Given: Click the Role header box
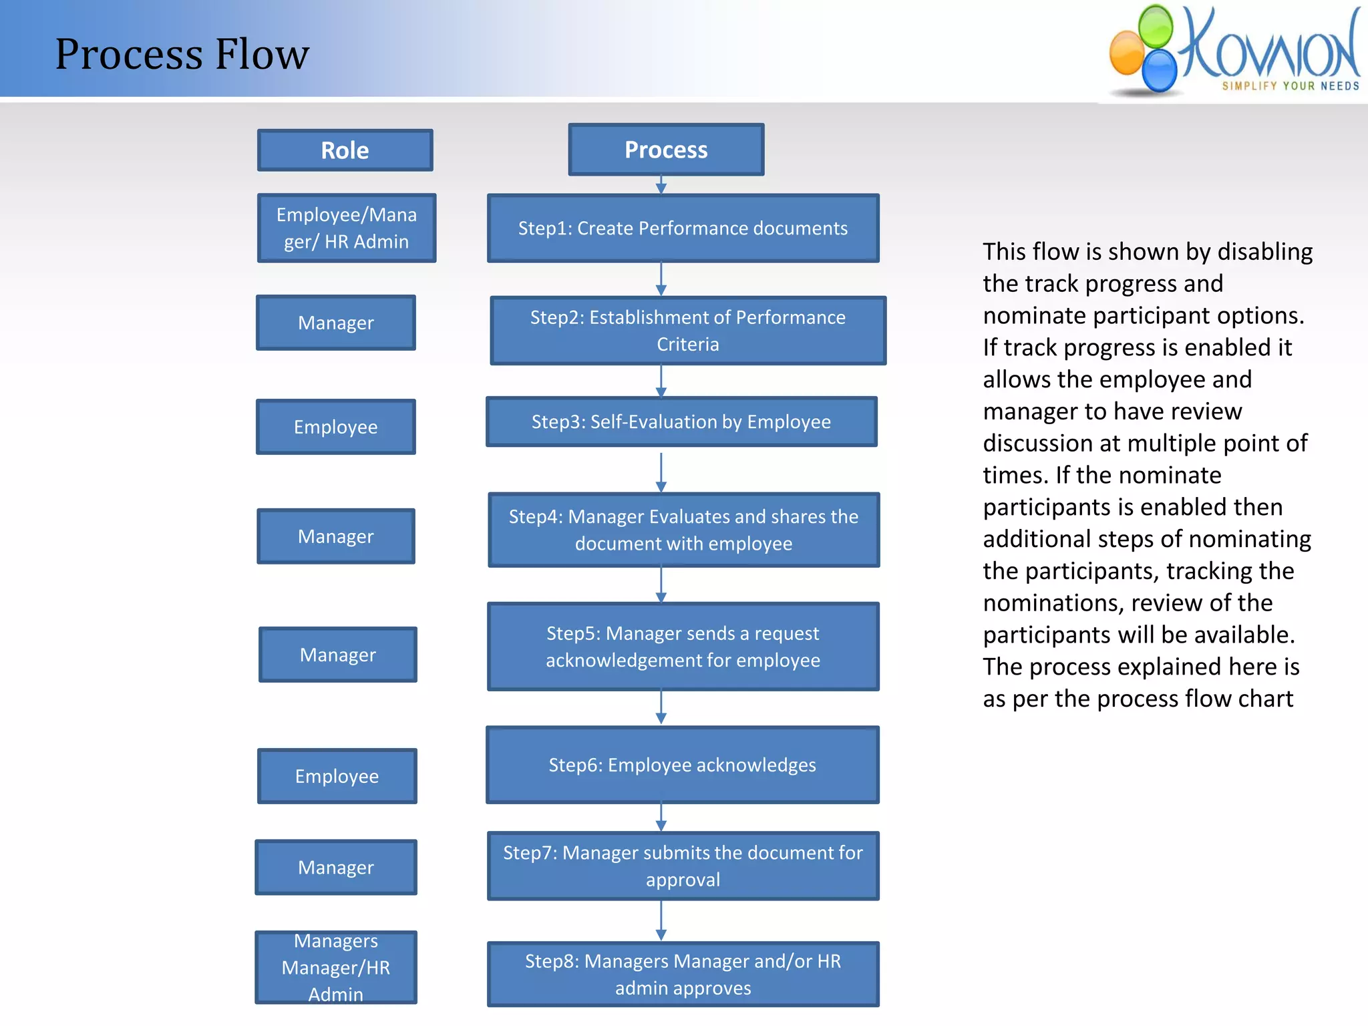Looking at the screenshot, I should pyautogui.click(x=345, y=150).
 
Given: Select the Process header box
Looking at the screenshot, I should pyautogui.click(x=666, y=150).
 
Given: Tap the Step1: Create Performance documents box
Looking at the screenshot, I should pyautogui.click(x=683, y=228).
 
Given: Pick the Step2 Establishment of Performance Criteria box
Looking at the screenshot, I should pyautogui.click(x=687, y=331).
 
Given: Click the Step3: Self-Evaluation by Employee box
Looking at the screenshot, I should pyautogui.click(x=681, y=421).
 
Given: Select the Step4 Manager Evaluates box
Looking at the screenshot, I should pyautogui.click(x=683, y=530).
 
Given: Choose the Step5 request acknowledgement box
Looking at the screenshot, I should pyautogui.click(x=683, y=647).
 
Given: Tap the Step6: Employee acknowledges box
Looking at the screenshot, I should pyautogui.click(x=682, y=765).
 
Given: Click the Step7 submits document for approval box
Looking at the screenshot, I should pyautogui.click(x=683, y=866).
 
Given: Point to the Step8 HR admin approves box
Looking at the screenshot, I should pyautogui.click(x=683, y=974).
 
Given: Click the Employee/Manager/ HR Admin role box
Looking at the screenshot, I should pyautogui.click(x=346, y=228).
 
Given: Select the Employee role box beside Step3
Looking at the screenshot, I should pyautogui.click(x=335, y=427).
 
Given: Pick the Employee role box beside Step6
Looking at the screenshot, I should pyautogui.click(x=337, y=776).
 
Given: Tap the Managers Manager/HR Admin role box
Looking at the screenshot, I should pyautogui.click(x=335, y=967).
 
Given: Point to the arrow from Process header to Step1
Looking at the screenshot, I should pyautogui.click(x=661, y=185).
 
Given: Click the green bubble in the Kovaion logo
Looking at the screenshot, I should pyautogui.click(x=1156, y=27).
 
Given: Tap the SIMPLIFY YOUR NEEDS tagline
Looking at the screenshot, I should pyautogui.click(x=1291, y=86).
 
